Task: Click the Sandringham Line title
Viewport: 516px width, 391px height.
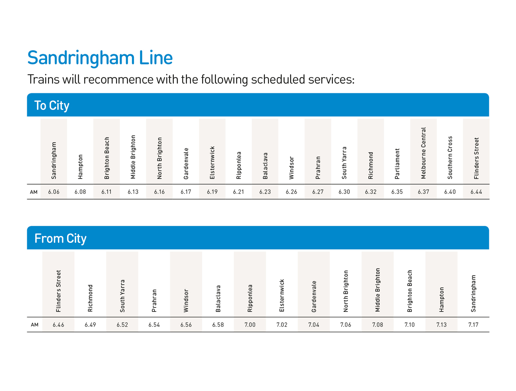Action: tap(100, 58)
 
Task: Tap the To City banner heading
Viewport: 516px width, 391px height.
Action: tap(52, 105)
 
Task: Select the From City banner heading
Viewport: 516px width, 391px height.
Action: tap(60, 238)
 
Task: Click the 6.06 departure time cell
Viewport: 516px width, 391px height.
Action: tap(54, 192)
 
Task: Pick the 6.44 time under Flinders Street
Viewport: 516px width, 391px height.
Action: tap(476, 192)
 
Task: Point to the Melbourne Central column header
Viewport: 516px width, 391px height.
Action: tap(423, 153)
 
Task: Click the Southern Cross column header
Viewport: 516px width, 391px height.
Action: tap(450, 157)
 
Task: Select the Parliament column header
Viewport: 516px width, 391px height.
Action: tap(397, 164)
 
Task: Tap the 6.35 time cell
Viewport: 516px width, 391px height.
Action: tap(397, 192)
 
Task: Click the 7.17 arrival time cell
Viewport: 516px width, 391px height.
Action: tap(473, 325)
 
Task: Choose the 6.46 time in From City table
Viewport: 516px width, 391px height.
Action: tap(58, 325)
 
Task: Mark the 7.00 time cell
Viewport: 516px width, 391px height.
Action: tap(250, 325)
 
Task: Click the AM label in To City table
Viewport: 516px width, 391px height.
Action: tap(34, 192)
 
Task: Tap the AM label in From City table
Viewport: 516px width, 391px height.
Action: tap(35, 325)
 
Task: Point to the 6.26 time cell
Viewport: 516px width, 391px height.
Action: tap(291, 192)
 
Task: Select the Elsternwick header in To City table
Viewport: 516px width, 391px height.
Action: tap(212, 163)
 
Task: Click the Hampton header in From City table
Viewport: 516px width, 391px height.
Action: tap(442, 299)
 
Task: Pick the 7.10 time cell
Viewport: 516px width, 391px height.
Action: tap(410, 325)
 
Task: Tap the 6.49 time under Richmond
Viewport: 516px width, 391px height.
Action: tap(90, 325)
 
